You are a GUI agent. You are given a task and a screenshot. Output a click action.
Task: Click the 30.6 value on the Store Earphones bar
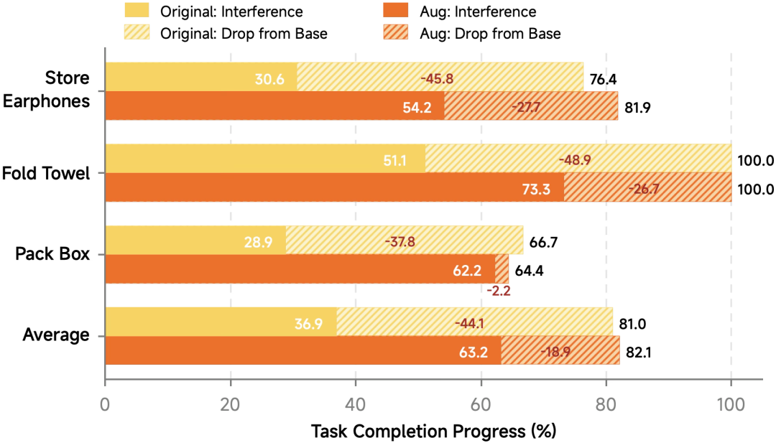point(269,79)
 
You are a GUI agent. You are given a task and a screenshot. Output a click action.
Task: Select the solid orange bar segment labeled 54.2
point(274,106)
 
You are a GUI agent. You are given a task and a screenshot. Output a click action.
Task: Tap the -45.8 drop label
point(437,78)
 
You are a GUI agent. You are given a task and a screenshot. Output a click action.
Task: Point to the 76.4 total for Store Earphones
point(603,79)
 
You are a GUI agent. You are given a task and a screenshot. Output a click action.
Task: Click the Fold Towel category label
point(46,174)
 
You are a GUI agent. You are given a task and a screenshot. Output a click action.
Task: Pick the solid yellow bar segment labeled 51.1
point(265,158)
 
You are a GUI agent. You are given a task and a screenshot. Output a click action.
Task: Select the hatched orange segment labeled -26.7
point(648,187)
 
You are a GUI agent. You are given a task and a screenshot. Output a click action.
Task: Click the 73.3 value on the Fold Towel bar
point(536,189)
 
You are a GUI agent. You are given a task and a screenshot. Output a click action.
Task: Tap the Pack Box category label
point(52,253)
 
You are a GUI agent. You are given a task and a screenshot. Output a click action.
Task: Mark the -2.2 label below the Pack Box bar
point(499,291)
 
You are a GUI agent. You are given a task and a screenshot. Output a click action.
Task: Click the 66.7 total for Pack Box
point(543,242)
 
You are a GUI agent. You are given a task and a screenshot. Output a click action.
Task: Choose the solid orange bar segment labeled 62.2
point(300,269)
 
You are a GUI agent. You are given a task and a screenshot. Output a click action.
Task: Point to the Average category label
point(56,335)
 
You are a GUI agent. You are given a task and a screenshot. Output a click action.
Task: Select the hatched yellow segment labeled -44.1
point(475,322)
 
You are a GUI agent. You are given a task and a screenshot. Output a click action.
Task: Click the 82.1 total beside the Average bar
point(639,353)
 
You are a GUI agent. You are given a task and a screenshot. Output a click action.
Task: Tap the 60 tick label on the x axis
point(481,404)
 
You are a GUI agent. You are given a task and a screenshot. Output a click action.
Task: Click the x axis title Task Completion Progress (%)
point(433,431)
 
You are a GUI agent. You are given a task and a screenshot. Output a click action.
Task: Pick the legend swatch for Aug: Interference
point(395,10)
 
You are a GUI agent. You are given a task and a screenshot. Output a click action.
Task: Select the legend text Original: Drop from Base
point(244,34)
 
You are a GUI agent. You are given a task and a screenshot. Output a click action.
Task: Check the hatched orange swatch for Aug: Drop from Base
point(395,32)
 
